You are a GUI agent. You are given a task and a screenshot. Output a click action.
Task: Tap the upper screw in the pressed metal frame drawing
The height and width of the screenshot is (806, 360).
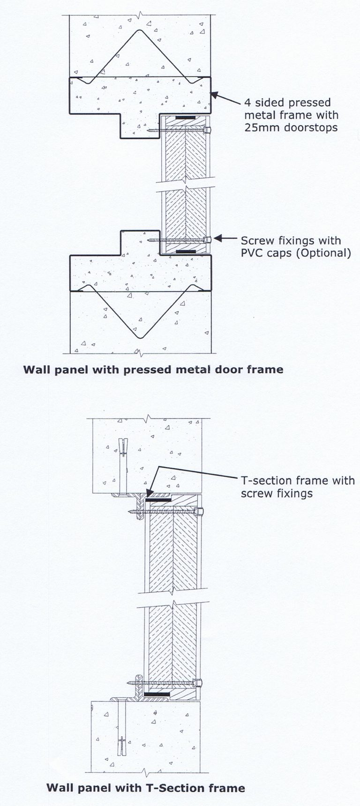pyautogui.click(x=178, y=131)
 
